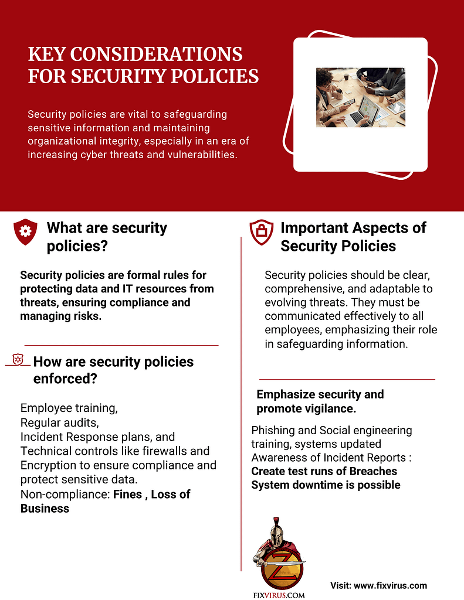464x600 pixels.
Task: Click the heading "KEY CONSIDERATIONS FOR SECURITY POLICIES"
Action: tap(144, 65)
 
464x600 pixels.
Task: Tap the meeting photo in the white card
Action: tap(360, 97)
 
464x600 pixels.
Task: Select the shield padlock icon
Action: tap(261, 232)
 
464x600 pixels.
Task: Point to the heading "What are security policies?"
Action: tap(107, 237)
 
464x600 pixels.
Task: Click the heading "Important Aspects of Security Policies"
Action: tap(353, 237)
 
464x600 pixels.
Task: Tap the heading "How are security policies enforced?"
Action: tap(113, 370)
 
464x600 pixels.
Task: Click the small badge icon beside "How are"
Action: tap(18, 359)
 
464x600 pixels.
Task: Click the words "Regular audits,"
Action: tap(59, 422)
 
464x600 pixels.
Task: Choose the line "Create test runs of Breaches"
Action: tap(324, 471)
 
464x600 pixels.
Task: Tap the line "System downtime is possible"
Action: tap(326, 485)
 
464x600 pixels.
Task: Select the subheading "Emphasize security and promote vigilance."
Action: tap(320, 401)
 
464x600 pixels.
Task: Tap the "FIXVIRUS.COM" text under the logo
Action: tap(279, 595)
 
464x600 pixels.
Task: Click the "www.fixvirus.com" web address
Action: tap(390, 585)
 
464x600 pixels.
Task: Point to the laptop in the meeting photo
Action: tap(359, 111)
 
